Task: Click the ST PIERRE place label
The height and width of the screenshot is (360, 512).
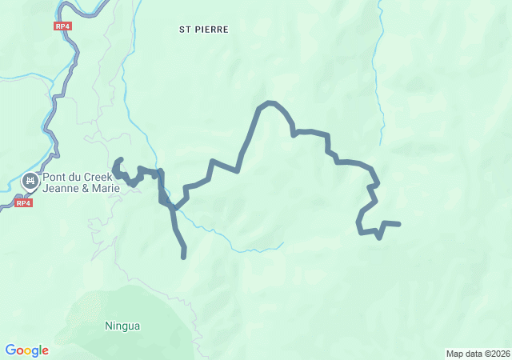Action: [x=203, y=30]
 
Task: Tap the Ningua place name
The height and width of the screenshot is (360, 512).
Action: [x=122, y=326]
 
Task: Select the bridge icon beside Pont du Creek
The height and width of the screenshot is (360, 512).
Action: [x=30, y=182]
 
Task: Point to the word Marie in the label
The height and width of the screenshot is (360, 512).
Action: [x=104, y=189]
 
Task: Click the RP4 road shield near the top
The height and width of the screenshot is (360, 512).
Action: [x=63, y=26]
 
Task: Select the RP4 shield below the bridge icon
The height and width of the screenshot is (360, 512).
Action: [x=23, y=203]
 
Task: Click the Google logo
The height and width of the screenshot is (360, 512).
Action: [x=26, y=350]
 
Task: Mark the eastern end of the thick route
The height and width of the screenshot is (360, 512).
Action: [x=398, y=224]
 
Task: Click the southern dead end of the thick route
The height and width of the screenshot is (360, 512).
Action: [x=184, y=257]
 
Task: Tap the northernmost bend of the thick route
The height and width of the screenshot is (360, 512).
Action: [x=270, y=103]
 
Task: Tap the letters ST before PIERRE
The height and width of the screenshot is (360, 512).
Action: [x=184, y=30]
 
